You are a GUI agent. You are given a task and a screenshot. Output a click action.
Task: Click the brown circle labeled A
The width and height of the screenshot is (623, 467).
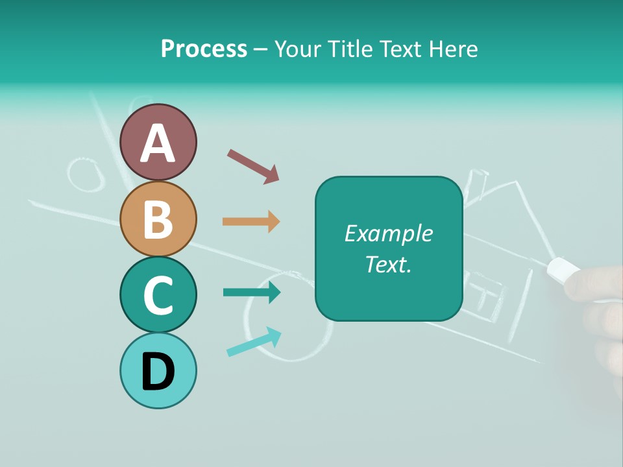pos(158,142)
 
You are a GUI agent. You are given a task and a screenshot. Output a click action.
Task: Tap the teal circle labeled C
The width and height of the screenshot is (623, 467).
pos(158,294)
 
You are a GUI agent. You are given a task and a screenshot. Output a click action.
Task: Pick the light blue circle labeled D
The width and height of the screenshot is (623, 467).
pos(158,370)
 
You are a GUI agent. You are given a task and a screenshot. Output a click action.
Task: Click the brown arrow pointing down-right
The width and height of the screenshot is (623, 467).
pos(253,165)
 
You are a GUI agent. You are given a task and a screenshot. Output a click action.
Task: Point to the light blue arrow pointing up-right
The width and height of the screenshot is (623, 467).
pos(254,342)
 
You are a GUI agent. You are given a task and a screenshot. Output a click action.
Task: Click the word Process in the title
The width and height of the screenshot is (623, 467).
pos(204,49)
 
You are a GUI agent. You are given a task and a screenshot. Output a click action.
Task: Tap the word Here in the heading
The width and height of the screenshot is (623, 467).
pos(452,49)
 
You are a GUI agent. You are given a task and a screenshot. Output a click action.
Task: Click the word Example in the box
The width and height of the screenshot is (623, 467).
pos(388,233)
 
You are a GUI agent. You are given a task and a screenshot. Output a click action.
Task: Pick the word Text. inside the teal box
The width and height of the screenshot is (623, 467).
pos(388,264)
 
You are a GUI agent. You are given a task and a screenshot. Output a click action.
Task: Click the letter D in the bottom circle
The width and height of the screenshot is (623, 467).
pos(158,372)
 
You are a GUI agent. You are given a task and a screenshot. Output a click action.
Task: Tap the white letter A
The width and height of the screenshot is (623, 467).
pos(158,143)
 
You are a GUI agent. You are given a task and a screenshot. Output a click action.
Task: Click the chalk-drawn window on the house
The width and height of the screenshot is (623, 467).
pos(489,295)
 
